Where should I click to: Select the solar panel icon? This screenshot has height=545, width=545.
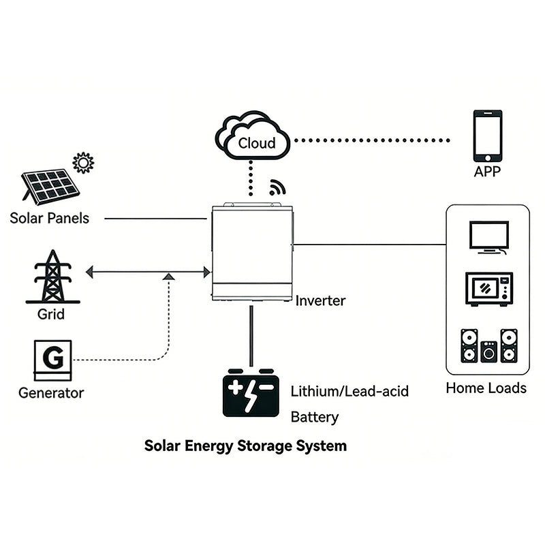[49, 186]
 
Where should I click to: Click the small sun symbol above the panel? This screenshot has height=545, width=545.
[83, 162]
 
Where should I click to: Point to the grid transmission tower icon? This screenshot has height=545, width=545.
[52, 277]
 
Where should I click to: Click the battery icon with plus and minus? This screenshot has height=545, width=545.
[251, 394]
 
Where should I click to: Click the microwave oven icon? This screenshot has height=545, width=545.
[488, 289]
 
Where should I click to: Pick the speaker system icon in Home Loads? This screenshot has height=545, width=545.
[488, 346]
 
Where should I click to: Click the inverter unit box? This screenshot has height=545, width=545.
[251, 253]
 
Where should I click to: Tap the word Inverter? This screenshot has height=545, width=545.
[320, 300]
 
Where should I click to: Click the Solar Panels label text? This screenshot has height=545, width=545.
[49, 219]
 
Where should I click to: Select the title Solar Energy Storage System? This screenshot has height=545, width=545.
[245, 446]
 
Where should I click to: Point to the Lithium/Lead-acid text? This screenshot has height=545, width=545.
[349, 392]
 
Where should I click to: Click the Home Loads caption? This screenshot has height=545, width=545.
[486, 388]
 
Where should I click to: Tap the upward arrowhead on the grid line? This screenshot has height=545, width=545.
[168, 276]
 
